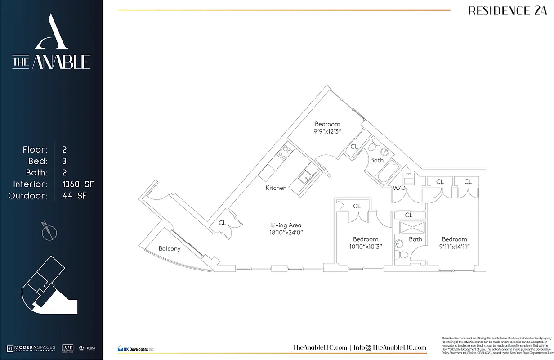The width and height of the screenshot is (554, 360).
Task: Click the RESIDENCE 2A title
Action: tap(504, 11)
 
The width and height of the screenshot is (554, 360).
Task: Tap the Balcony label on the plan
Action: tap(170, 248)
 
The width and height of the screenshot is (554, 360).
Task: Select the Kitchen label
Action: tap(276, 188)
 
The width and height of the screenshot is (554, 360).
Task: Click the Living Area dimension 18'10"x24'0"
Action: tap(286, 233)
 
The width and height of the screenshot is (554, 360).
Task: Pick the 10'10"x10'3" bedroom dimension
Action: tap(365, 247)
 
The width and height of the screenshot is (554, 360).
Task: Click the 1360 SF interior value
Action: tap(78, 184)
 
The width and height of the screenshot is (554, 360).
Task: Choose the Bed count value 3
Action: tap(65, 161)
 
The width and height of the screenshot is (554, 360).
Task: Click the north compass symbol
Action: tap(49, 231)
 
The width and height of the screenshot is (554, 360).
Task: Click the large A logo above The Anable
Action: tap(51, 32)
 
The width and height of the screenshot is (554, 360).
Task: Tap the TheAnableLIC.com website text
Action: tap(320, 347)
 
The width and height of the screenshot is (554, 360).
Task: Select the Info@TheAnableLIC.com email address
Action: tap(389, 347)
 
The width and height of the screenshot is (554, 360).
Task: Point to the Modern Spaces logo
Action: tap(31, 348)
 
